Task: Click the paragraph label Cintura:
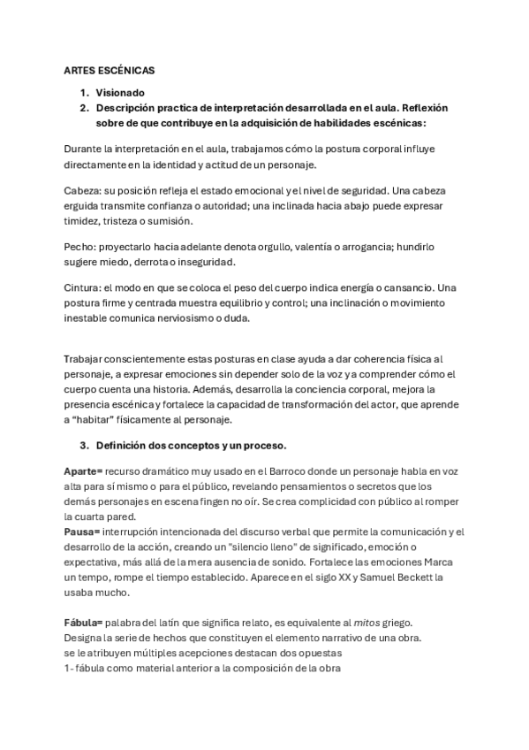tap(86, 288)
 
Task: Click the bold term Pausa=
tap(82, 531)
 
